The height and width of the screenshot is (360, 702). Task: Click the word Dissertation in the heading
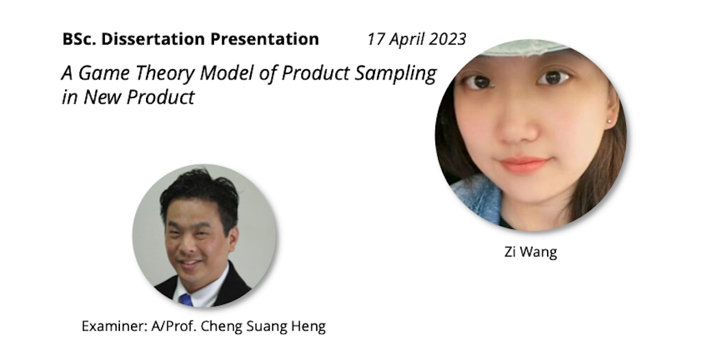[154, 39]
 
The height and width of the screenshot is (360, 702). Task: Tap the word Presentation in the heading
[265, 40]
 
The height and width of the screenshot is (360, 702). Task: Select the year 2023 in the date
[447, 39]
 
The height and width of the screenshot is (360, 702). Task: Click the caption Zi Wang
[531, 252]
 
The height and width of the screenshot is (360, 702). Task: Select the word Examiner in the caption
[114, 326]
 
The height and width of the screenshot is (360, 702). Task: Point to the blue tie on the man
[186, 300]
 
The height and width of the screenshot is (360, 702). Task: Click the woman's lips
[524, 165]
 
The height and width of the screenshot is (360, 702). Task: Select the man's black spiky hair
[199, 193]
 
